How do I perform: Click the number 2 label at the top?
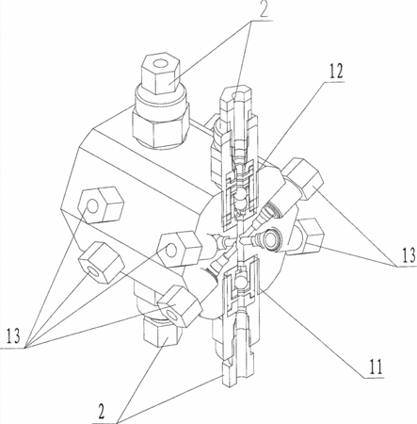[264, 9]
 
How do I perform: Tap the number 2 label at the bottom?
[101, 411]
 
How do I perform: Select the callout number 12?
[336, 72]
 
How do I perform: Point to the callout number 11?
[376, 367]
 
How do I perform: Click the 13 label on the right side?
[409, 256]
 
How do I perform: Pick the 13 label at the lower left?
[13, 335]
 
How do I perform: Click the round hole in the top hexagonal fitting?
[162, 64]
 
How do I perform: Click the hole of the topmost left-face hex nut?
[93, 206]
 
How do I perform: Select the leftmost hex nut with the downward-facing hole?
[101, 263]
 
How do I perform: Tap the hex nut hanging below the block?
[163, 333]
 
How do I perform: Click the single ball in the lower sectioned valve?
[242, 280]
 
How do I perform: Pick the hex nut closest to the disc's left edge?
[179, 249]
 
